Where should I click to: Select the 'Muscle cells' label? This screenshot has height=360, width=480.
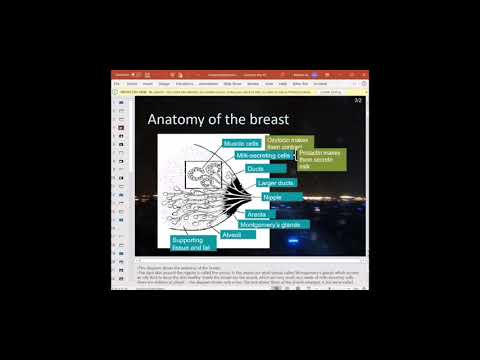(x=242, y=144)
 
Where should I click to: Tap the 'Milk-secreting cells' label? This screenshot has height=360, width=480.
(x=261, y=156)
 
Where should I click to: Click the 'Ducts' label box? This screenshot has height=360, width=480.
(x=256, y=169)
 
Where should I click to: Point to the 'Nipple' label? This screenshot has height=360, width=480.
(x=272, y=198)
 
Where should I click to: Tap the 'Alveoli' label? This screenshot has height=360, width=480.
(x=232, y=235)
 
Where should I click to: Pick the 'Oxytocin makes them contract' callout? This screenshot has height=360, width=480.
(x=290, y=145)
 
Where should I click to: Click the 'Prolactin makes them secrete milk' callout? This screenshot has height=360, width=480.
(x=322, y=160)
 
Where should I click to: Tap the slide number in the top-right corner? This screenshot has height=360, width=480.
(x=357, y=101)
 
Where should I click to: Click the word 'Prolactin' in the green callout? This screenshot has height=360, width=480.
(x=312, y=153)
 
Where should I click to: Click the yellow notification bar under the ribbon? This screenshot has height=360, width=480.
(x=240, y=90)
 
